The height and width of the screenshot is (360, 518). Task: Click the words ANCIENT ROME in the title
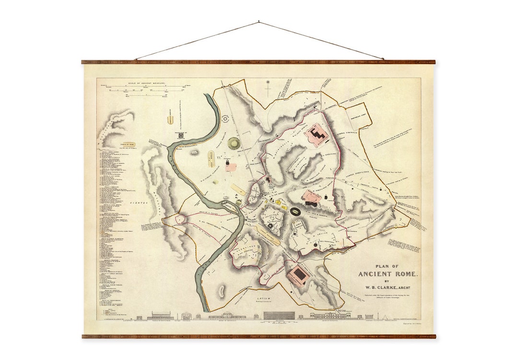(x=388, y=274)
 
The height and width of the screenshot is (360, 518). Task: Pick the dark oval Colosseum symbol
(x=296, y=211)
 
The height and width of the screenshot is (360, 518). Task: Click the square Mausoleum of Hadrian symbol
(x=181, y=136)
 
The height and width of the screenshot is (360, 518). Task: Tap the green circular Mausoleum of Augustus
(x=234, y=143)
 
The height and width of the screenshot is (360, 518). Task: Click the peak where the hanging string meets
(x=259, y=22)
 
